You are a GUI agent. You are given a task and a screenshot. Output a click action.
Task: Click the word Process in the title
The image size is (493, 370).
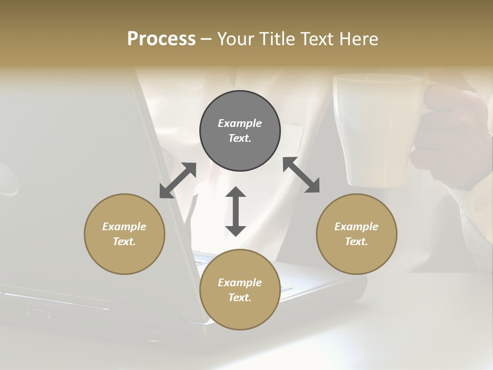pyautogui.click(x=161, y=39)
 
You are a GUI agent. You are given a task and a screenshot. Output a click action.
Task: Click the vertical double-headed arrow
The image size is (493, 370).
pyautogui.click(x=236, y=211)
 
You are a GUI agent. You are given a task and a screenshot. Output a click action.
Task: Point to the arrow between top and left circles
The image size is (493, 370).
pyautogui.click(x=178, y=180)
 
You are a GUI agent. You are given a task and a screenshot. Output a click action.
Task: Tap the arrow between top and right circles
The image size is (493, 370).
pyautogui.click(x=301, y=175)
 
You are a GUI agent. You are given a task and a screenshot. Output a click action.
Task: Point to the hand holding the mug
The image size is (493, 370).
pyautogui.click(x=452, y=134)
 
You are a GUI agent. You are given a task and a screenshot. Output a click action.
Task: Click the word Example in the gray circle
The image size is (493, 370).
pyautogui.click(x=240, y=123)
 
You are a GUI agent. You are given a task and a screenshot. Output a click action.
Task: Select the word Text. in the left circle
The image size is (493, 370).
pyautogui.click(x=124, y=242)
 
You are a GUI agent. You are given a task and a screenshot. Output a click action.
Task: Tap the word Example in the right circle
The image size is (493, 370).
pyautogui.click(x=356, y=227)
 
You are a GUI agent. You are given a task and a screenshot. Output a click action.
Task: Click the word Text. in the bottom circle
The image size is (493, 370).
pyautogui.click(x=240, y=298)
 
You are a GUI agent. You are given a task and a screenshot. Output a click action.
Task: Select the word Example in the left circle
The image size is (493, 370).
pyautogui.click(x=124, y=227)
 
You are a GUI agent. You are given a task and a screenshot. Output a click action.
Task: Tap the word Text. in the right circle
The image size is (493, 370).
pyautogui.click(x=356, y=242)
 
